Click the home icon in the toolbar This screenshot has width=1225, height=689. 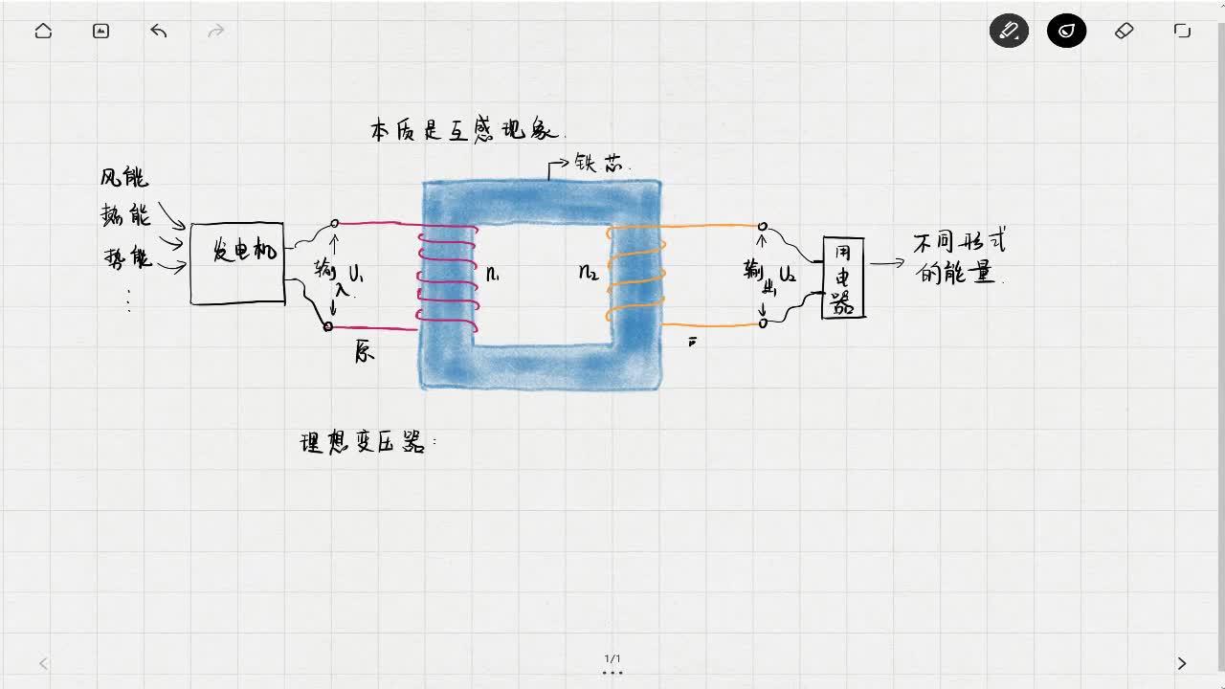point(43,31)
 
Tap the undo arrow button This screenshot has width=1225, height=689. point(159,31)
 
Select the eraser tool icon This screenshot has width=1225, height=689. point(1125,31)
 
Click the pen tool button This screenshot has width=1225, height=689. point(1009,31)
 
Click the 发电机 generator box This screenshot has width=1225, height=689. point(237,263)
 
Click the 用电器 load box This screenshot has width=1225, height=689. point(843,278)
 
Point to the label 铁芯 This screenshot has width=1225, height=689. point(599,163)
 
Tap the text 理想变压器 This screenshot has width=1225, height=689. point(364,443)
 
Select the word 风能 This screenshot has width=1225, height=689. point(124,177)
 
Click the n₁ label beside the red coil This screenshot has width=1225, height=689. point(492,275)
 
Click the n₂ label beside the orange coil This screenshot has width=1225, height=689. point(589,273)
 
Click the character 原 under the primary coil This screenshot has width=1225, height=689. point(365,352)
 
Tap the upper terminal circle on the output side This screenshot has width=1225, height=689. point(763,227)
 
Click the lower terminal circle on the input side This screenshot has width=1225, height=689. point(327,326)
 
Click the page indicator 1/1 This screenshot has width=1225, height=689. point(612,658)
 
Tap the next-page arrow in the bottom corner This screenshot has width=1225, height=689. point(1181,663)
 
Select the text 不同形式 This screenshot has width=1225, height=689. point(959,243)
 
